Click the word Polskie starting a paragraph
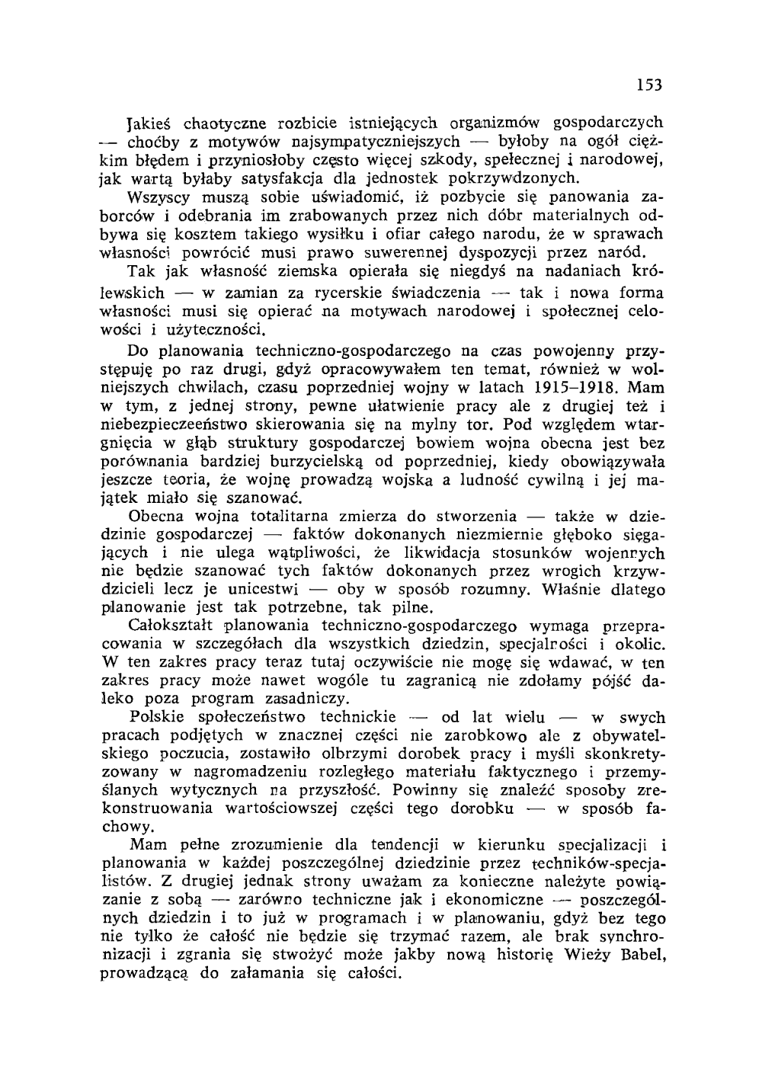(x=158, y=717)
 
